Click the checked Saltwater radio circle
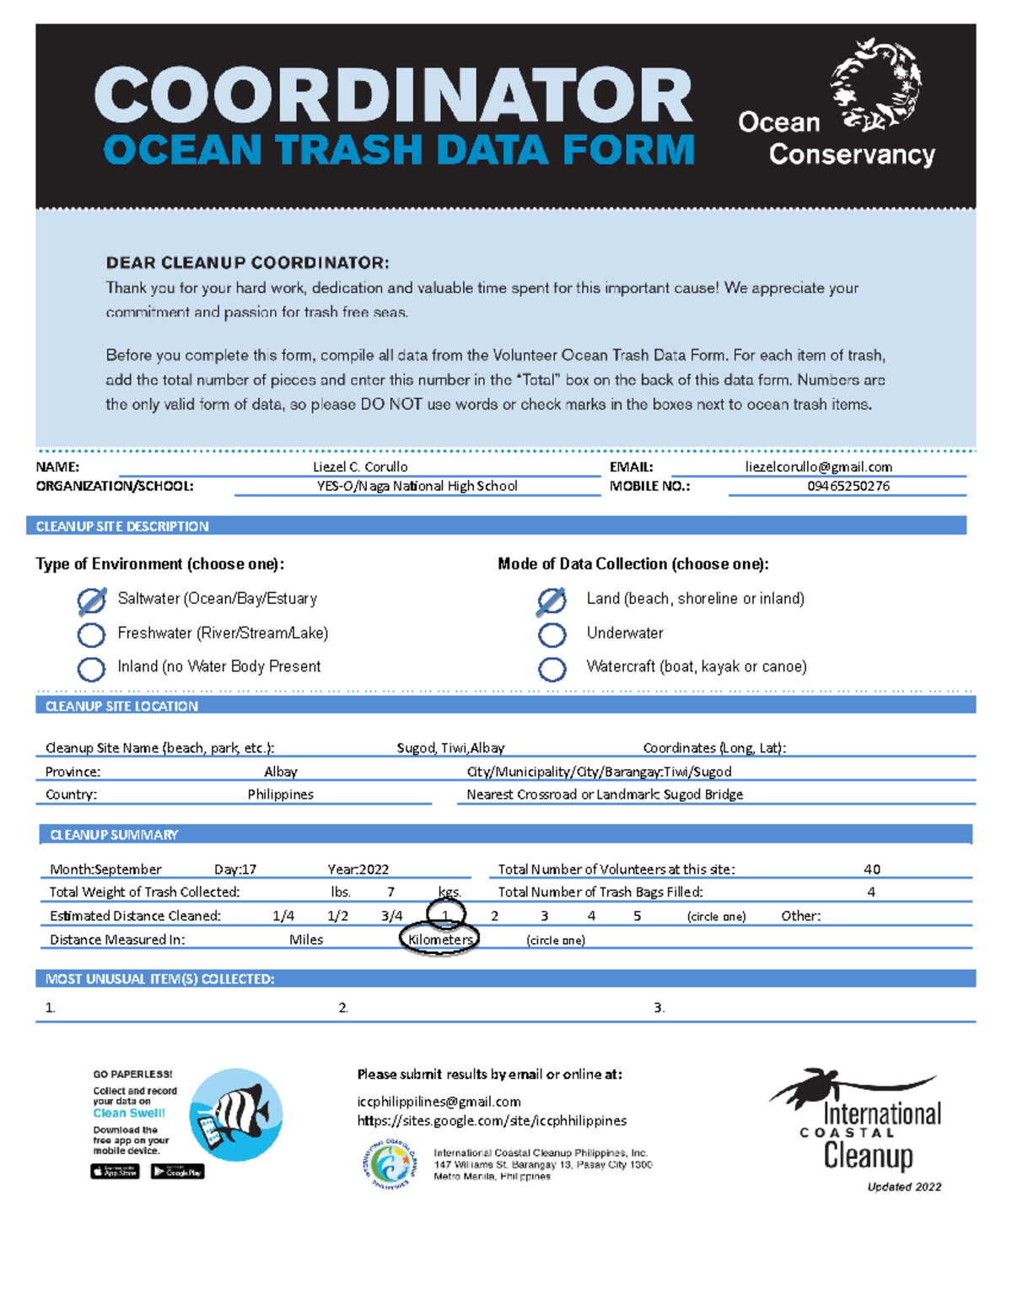click(x=91, y=601)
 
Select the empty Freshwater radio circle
click(x=91, y=634)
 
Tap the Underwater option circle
click(x=552, y=634)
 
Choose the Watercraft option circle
click(x=552, y=669)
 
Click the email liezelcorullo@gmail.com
click(x=818, y=466)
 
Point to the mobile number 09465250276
click(x=848, y=486)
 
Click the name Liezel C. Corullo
click(x=360, y=466)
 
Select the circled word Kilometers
click(x=439, y=939)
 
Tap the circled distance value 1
click(x=445, y=915)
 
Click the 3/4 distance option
click(x=391, y=915)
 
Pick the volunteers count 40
click(x=871, y=869)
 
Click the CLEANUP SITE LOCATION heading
click(x=121, y=706)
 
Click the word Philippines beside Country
click(x=280, y=794)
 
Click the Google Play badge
click(x=177, y=1171)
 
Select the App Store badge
click(x=115, y=1171)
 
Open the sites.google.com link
click(x=492, y=1120)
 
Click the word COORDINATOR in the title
click(x=393, y=95)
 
